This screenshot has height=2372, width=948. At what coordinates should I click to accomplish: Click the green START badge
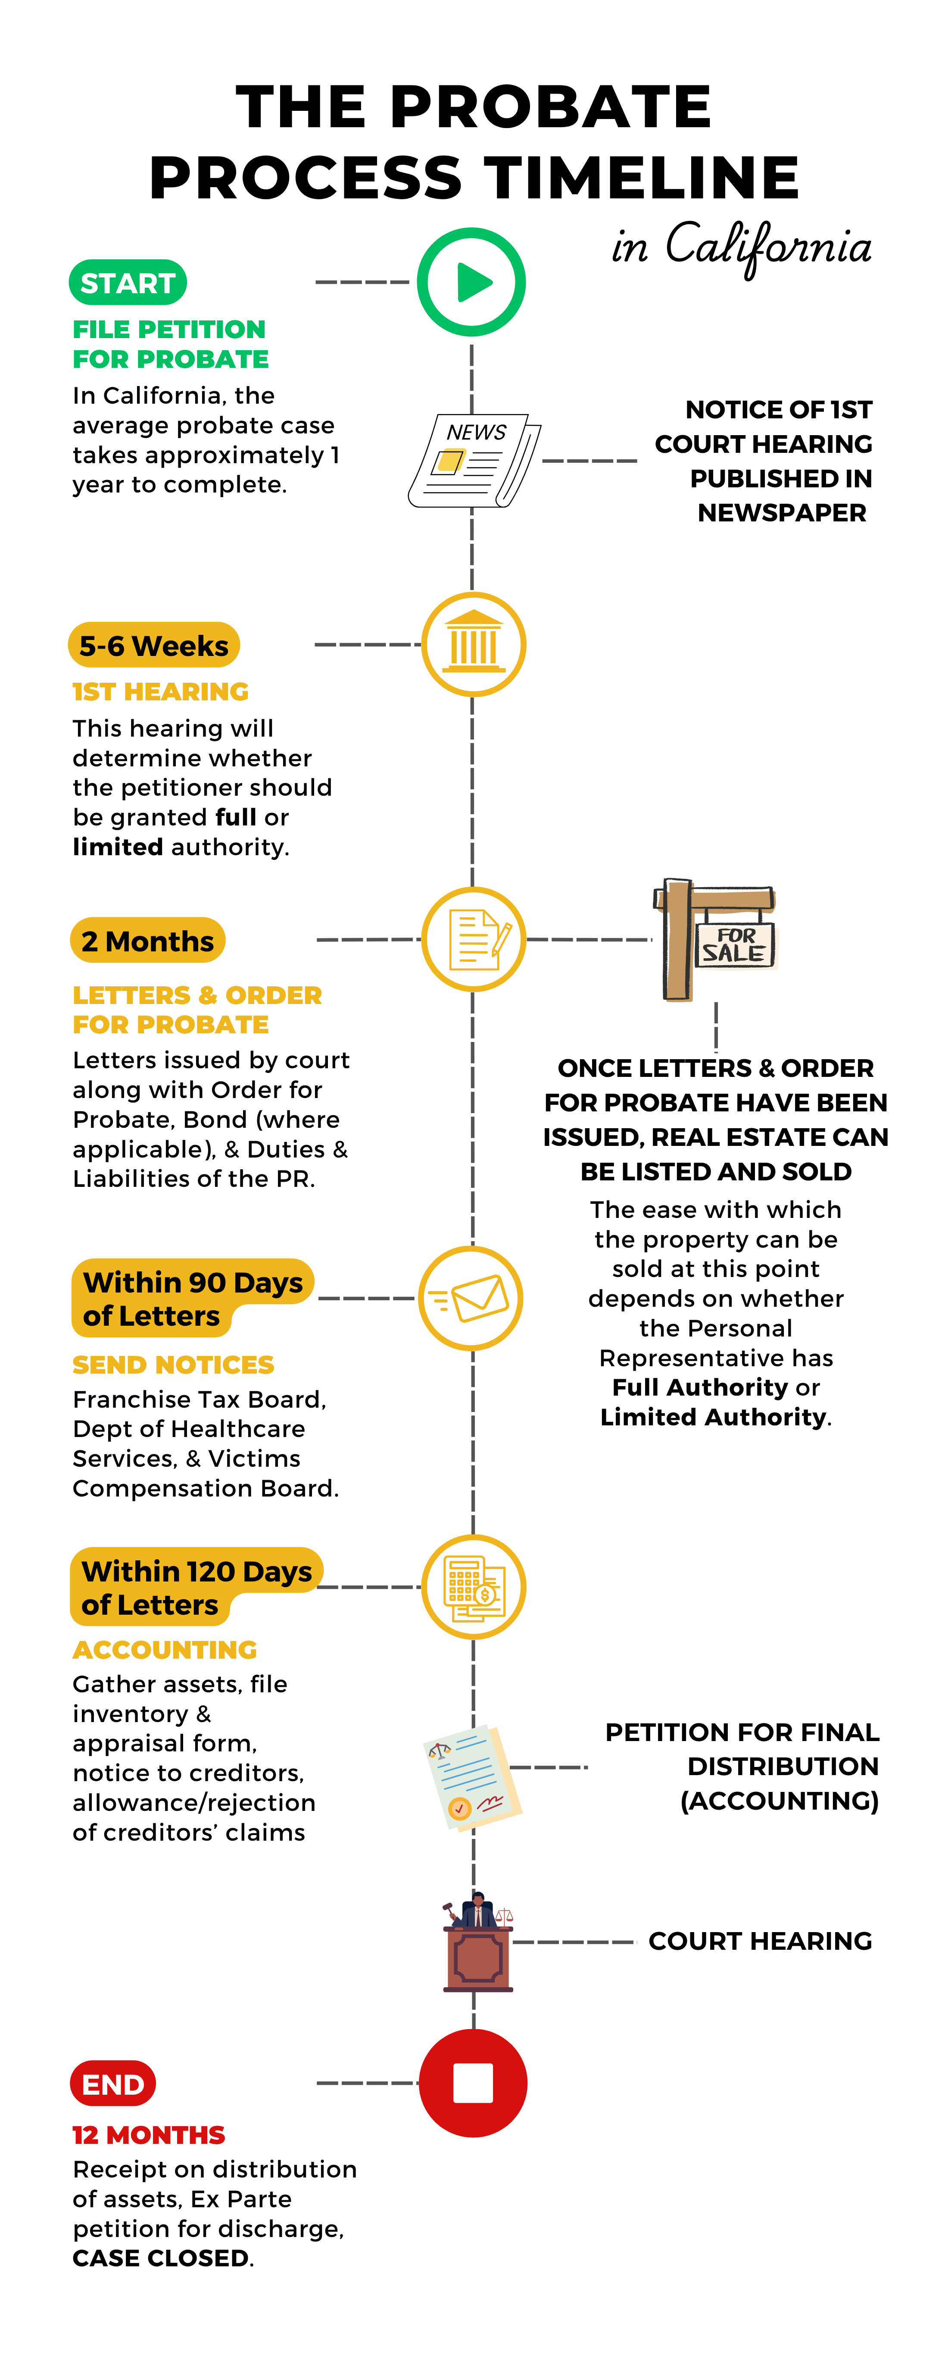tap(128, 282)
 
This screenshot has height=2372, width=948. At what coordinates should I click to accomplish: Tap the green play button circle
tap(471, 282)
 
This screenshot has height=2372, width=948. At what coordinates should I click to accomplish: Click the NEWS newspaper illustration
tap(474, 461)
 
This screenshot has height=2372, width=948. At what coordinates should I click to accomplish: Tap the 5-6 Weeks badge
tap(154, 646)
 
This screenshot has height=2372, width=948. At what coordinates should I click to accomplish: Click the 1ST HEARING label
tap(161, 691)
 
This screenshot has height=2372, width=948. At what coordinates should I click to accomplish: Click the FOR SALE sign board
tap(736, 946)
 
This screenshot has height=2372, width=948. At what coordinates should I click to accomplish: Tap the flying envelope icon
tap(471, 1298)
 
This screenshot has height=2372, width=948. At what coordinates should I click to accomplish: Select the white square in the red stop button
tap(473, 2083)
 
